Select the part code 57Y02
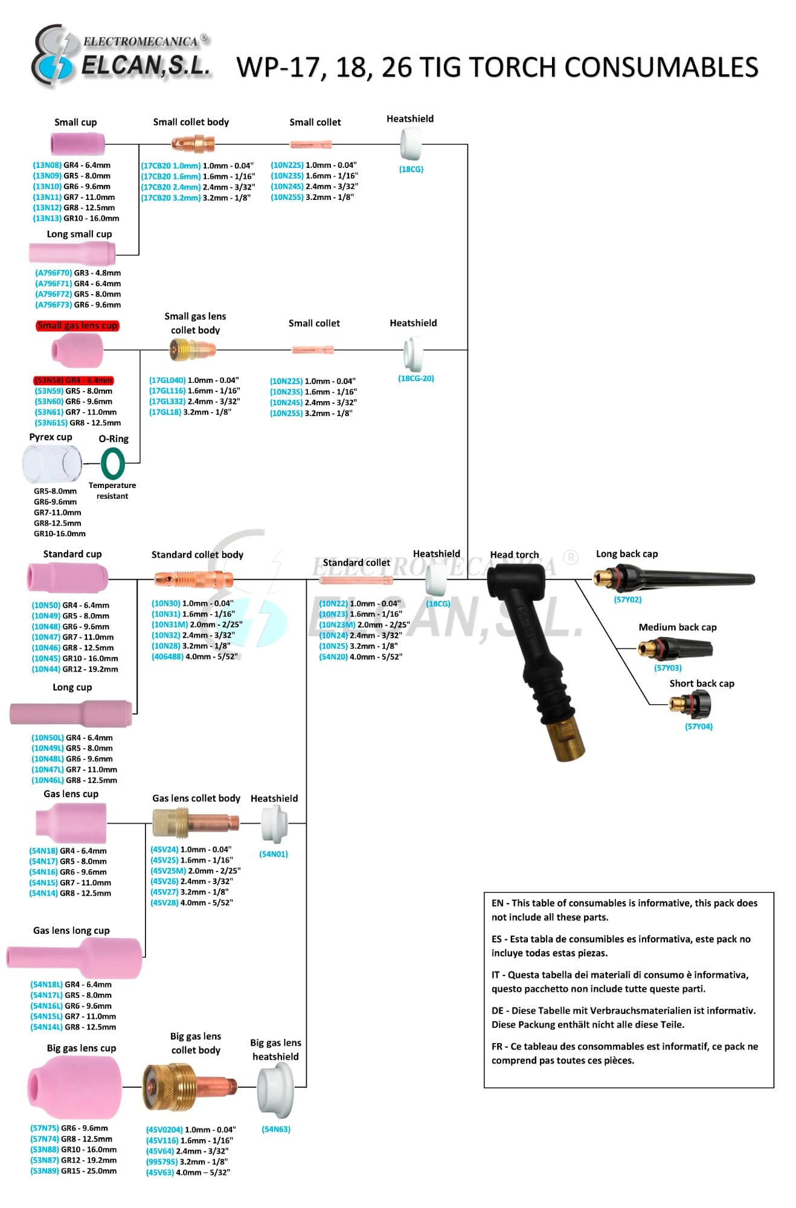pyautogui.click(x=627, y=600)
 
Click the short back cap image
pyautogui.click(x=690, y=704)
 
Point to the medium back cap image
pyautogui.click(x=675, y=649)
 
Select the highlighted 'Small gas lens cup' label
pyautogui.click(x=77, y=326)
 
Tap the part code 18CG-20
pyautogui.click(x=416, y=379)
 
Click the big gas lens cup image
pyautogui.click(x=74, y=1087)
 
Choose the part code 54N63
pyautogui.click(x=276, y=1129)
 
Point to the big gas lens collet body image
pyautogui.click(x=190, y=1087)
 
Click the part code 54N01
pyautogui.click(x=274, y=854)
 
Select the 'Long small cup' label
pyautogui.click(x=79, y=234)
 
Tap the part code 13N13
pyautogui.click(x=47, y=219)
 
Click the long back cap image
pyautogui.click(x=674, y=578)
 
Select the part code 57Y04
pyautogui.click(x=699, y=727)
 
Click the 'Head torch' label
pyautogui.click(x=515, y=554)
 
